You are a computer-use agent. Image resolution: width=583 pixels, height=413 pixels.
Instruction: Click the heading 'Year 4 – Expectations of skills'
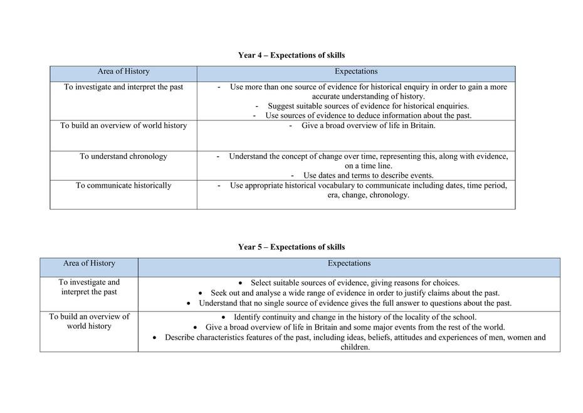[291, 55]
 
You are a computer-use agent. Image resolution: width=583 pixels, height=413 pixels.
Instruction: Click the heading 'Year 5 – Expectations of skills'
[291, 247]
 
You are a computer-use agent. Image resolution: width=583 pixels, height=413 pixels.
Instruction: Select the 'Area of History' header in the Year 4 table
[123, 72]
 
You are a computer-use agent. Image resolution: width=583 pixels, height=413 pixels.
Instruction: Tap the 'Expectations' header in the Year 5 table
[349, 264]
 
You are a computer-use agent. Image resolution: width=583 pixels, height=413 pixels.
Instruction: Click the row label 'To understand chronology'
[123, 156]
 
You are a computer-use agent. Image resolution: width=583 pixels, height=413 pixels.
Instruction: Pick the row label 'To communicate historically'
[123, 185]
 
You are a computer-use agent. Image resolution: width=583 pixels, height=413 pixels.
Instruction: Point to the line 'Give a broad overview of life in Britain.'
[368, 126]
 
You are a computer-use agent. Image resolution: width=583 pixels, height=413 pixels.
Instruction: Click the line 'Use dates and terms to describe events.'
[368, 176]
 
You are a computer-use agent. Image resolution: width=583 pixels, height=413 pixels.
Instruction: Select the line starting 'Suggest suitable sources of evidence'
[368, 106]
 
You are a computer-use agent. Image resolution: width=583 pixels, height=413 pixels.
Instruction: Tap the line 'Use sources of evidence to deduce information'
[368, 115]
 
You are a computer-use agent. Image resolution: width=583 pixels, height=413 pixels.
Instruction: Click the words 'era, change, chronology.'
[368, 195]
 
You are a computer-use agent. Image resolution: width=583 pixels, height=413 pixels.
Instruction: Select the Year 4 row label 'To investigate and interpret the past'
[123, 87]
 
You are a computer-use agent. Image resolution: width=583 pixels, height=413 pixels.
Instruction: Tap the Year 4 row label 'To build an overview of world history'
[123, 126]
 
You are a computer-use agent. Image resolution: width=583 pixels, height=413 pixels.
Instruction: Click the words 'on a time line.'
[368, 166]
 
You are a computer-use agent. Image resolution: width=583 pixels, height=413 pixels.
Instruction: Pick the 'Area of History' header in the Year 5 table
[89, 264]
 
